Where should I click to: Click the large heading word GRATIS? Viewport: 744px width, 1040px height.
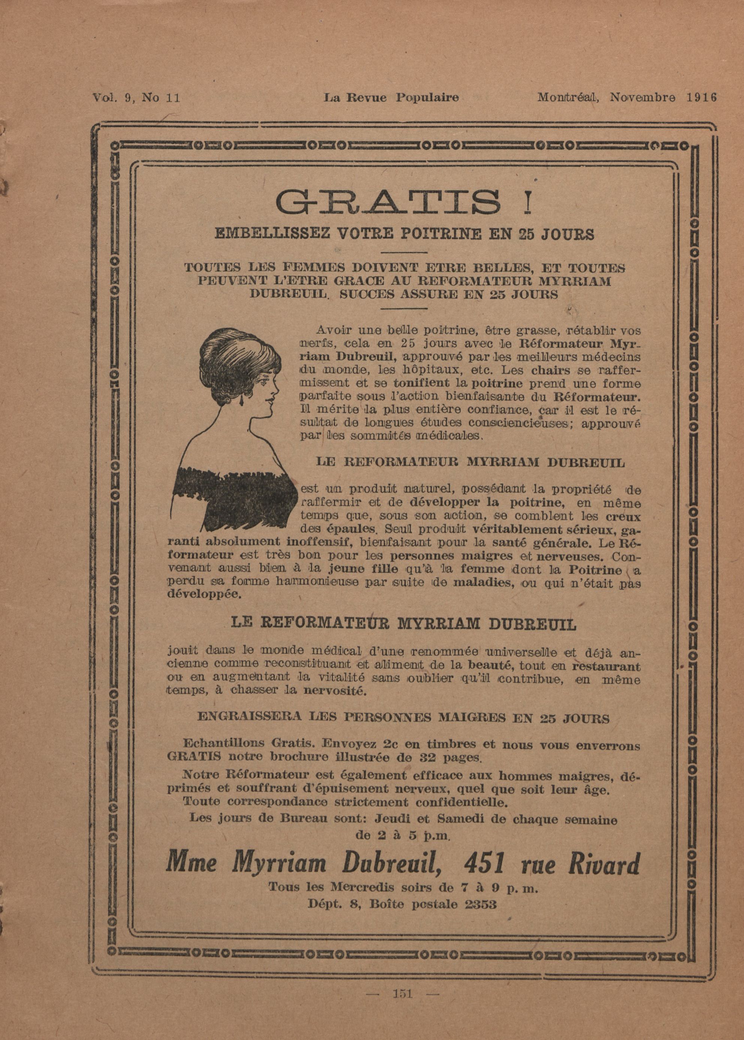tap(388, 202)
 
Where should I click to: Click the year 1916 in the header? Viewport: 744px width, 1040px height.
tap(701, 97)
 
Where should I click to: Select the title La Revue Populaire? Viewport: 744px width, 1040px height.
tap(391, 97)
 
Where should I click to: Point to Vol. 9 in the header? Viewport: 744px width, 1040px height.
tap(111, 97)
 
